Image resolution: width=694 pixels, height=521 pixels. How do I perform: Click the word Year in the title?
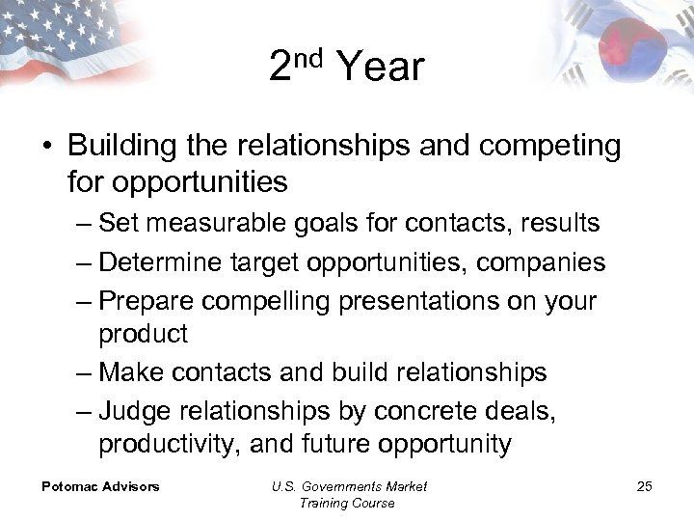[x=380, y=68]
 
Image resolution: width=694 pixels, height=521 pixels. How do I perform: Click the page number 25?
[x=644, y=486]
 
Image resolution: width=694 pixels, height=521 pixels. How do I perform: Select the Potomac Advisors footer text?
[x=100, y=486]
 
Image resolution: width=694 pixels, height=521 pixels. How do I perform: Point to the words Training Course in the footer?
[x=348, y=503]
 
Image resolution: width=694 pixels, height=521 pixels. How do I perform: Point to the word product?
[x=143, y=334]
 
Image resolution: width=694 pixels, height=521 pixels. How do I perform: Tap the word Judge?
[x=134, y=410]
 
